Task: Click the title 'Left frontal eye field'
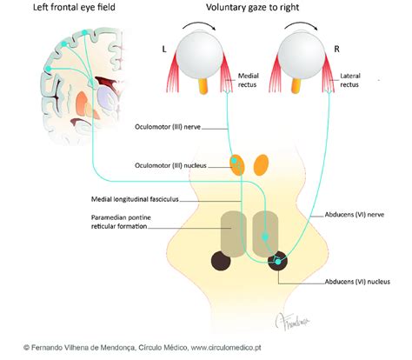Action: click(62, 10)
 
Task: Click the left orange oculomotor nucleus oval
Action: click(236, 163)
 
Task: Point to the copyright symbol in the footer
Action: click(28, 346)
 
